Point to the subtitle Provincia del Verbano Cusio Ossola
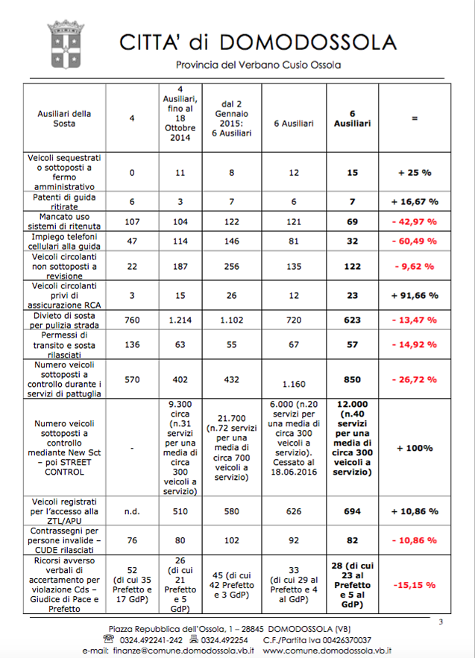click(x=258, y=65)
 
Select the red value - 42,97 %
click(x=415, y=222)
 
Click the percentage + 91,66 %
click(x=415, y=295)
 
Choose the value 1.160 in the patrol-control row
click(x=296, y=385)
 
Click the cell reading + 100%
click(x=415, y=448)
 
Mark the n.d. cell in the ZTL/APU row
click(x=132, y=511)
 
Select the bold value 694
click(x=353, y=511)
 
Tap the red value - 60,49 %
click(x=415, y=241)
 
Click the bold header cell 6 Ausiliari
click(x=353, y=118)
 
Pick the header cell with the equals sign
click(x=415, y=118)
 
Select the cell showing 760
click(x=132, y=319)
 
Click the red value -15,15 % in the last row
click(x=415, y=585)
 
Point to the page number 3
click(x=440, y=622)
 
